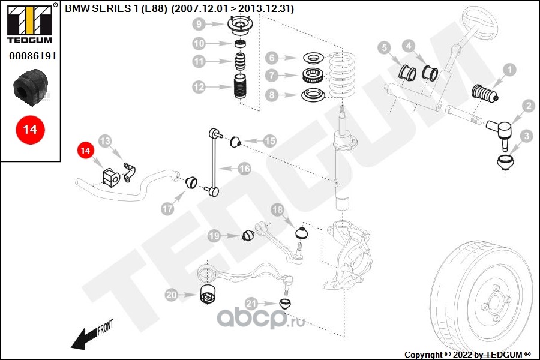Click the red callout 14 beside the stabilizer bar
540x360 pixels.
(85, 151)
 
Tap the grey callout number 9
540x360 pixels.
(199, 24)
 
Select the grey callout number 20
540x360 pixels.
(171, 295)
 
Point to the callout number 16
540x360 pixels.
(245, 169)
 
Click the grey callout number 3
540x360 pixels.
(526, 136)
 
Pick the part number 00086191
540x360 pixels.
(33, 56)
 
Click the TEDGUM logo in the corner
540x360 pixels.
(30, 23)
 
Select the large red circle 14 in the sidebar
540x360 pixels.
(30, 130)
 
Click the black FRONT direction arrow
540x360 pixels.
(92, 335)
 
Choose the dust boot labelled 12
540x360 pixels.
(240, 86)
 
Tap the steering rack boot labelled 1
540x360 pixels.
(485, 94)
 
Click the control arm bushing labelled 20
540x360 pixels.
(208, 294)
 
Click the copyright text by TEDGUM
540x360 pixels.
(467, 355)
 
